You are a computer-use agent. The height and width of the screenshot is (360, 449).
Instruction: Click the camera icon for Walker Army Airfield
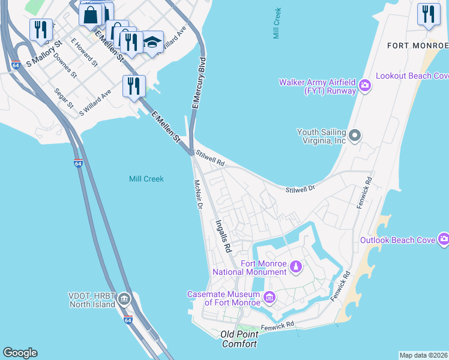pyautogui.click(x=364, y=86)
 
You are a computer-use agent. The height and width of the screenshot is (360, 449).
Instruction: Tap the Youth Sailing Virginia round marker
pyautogui.click(x=354, y=136)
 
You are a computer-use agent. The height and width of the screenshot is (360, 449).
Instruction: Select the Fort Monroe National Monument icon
pyautogui.click(x=295, y=265)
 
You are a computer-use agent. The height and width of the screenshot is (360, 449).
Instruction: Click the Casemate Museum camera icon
pyautogui.click(x=269, y=297)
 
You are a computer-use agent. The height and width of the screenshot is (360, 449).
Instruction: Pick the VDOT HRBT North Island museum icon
pyautogui.click(x=124, y=298)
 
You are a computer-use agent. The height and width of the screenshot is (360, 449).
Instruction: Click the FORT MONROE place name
pyautogui.click(x=417, y=46)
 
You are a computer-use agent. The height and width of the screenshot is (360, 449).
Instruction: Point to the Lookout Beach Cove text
pyautogui.click(x=412, y=76)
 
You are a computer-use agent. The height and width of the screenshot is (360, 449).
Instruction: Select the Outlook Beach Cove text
pyautogui.click(x=397, y=240)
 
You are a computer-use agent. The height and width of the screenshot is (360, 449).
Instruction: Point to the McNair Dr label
pyautogui.click(x=198, y=194)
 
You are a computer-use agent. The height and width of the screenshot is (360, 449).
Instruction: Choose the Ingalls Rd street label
pyautogui.click(x=223, y=235)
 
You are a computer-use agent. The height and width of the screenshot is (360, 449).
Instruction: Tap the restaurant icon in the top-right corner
pyautogui.click(x=428, y=14)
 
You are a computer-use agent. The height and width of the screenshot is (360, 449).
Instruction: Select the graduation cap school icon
pyautogui.click(x=152, y=42)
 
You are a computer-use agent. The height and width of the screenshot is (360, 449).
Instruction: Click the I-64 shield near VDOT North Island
pyautogui.click(x=128, y=320)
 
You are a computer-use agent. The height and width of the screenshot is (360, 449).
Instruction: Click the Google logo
pyautogui.click(x=20, y=353)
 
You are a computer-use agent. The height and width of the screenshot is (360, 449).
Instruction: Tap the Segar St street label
pyautogui.click(x=64, y=99)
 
